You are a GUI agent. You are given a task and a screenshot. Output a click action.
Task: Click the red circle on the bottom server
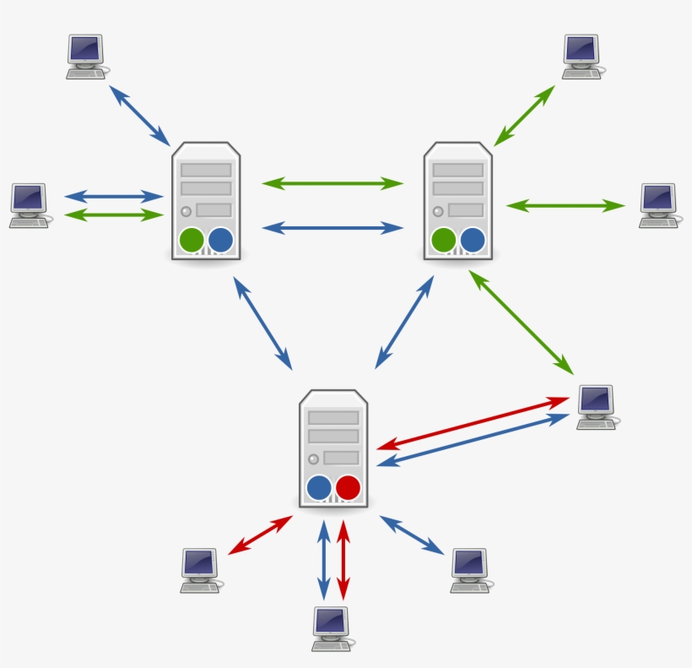pos(348,487)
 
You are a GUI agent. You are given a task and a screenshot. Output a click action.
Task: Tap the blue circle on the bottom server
pos(319,487)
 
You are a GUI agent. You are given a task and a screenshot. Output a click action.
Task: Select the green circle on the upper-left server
pos(192,240)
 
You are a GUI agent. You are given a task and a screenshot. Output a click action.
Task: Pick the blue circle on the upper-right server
pos(473,240)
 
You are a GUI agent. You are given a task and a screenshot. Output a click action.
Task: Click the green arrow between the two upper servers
pos(332,182)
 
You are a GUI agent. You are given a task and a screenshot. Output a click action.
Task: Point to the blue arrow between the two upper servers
pos(332,227)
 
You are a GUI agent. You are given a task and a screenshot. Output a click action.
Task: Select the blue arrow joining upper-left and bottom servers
pos(262,323)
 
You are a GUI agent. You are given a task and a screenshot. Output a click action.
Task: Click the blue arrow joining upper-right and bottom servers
pos(404,322)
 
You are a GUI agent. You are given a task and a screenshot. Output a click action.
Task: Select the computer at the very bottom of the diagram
pos(330,628)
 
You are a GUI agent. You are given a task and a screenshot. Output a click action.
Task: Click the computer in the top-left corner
pos(85,57)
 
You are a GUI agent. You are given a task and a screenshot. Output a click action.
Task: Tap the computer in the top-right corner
pos(581,57)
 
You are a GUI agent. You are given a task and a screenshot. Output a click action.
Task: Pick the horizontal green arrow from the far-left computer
pos(113,215)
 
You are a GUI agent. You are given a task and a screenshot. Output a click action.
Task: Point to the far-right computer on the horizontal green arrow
pos(658,205)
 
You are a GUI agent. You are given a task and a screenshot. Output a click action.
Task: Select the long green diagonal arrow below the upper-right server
pos(521,322)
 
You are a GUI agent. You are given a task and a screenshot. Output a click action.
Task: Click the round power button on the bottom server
pos(313,459)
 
